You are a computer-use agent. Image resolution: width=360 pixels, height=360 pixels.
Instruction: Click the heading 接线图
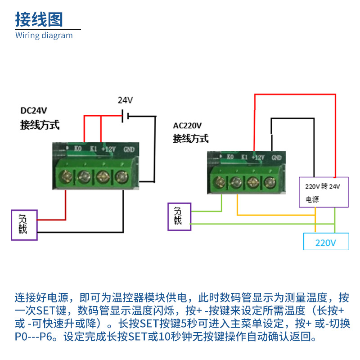(x=39, y=19)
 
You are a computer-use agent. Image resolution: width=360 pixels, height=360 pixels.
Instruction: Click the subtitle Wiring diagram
(x=44, y=36)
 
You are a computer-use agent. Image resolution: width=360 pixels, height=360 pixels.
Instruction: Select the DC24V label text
(x=34, y=111)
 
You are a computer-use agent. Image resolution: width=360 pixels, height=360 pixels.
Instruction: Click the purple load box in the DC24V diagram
(x=23, y=225)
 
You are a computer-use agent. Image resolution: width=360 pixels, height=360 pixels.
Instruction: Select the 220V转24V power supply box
(x=324, y=192)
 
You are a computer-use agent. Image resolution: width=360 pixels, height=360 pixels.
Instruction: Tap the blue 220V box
(x=326, y=242)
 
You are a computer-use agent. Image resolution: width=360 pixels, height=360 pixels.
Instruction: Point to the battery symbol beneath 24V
(x=126, y=116)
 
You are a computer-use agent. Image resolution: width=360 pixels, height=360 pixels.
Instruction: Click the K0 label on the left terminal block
(x=78, y=148)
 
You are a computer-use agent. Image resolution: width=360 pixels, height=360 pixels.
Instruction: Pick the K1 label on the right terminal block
(x=244, y=157)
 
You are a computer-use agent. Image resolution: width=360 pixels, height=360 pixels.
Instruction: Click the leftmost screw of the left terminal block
(x=66, y=175)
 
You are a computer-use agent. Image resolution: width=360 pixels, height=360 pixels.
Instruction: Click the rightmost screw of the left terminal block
(x=121, y=175)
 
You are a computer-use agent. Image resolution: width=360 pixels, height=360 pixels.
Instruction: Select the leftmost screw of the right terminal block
(x=220, y=182)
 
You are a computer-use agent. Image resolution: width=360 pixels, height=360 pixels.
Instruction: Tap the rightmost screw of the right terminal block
(x=270, y=182)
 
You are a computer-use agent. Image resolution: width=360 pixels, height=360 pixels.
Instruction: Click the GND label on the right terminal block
(x=276, y=157)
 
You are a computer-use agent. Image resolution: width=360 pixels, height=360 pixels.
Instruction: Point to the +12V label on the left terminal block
(x=108, y=149)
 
